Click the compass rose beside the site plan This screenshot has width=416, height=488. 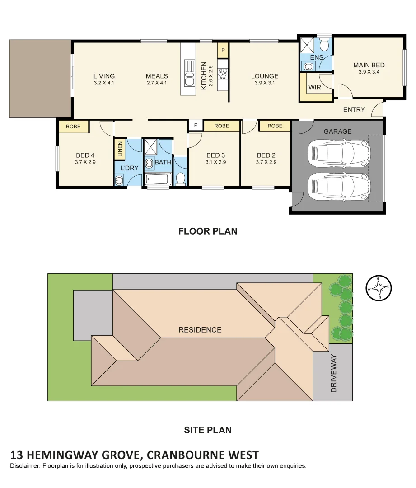pos(379,288)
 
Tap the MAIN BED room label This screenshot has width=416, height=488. pos(369,65)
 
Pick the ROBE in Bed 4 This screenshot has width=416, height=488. pos(73,127)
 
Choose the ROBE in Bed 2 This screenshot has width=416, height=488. pos(275,126)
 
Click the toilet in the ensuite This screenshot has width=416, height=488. pos(324,45)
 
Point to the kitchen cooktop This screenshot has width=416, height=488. pos(222,73)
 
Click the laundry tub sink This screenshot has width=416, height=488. pos(119,181)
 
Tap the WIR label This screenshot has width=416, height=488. pos(315,87)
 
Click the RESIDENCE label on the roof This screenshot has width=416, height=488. pos(200,330)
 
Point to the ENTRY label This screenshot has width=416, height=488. pos(354,110)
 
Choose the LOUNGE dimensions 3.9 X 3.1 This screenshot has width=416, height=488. pos(265,83)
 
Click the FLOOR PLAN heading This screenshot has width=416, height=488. pos(208,231)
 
